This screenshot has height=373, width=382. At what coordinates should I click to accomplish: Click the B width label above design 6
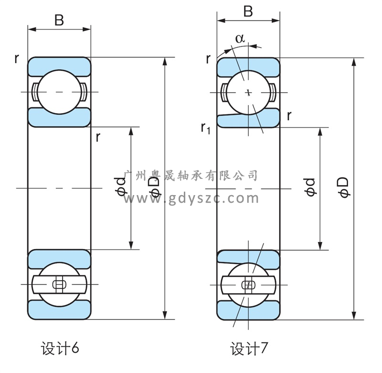point(59,20)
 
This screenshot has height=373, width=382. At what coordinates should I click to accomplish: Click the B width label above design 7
point(248,11)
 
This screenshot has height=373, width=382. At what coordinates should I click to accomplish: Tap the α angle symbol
point(240,39)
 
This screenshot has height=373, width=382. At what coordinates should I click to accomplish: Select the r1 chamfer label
point(205,128)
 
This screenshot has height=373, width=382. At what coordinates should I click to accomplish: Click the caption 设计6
point(60,348)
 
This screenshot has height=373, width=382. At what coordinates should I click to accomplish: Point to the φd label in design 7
point(309,187)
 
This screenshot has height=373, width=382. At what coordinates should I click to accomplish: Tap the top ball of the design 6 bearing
point(59,92)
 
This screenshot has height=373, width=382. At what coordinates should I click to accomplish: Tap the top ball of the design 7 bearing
point(248,93)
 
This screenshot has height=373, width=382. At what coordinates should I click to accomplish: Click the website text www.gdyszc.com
point(191,198)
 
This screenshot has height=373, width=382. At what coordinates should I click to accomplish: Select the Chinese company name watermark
point(191,176)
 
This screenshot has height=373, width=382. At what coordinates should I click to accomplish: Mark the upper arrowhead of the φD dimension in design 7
point(354,62)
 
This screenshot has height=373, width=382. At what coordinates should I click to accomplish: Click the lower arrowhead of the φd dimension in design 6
point(131,246)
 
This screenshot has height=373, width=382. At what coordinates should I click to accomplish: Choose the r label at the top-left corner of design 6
point(17,58)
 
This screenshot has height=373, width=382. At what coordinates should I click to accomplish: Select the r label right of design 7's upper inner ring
point(289,115)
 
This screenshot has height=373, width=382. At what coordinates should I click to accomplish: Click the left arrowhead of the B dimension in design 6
point(32,30)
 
